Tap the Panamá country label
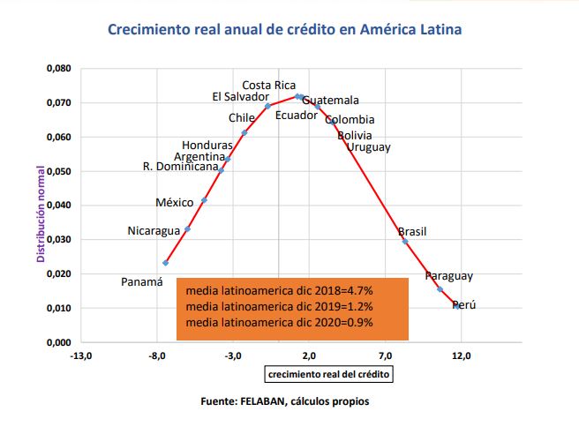142,282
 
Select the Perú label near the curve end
463,305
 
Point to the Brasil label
412,232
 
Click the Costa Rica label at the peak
268,86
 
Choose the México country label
174,203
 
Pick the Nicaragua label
154,232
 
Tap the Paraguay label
448,276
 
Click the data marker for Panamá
166,263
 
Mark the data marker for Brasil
405,242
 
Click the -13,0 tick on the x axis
81,356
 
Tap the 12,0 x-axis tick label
462,356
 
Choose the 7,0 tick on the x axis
386,356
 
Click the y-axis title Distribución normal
41,206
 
